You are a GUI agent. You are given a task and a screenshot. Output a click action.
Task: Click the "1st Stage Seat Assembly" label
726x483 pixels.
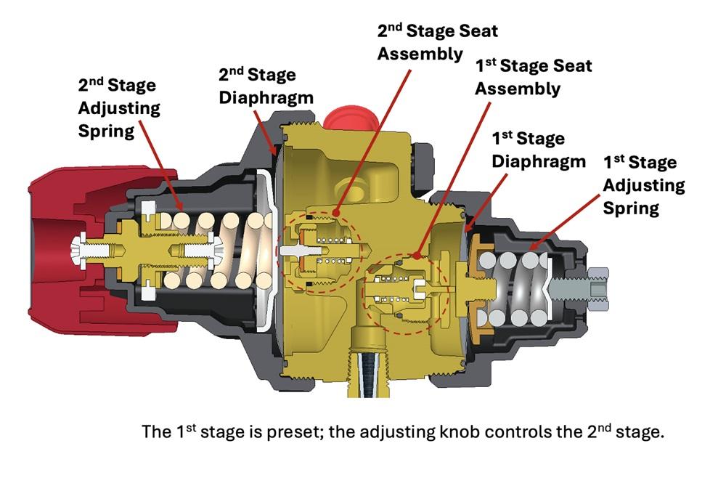point(533,77)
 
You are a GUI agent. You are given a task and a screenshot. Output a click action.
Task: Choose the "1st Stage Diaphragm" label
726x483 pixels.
point(538,149)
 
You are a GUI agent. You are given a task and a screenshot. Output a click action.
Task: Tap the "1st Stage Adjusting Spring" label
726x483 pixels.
point(643,185)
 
